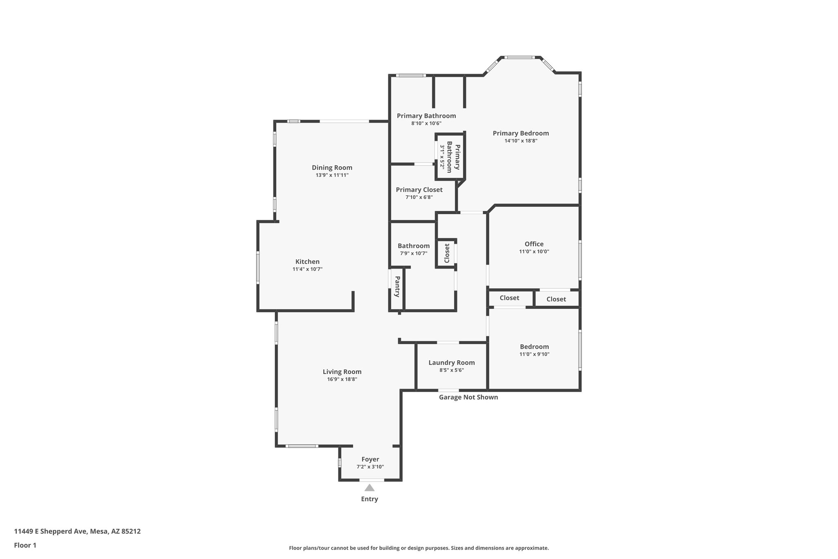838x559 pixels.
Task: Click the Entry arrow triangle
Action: click(x=369, y=488)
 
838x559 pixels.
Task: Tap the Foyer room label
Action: click(x=370, y=459)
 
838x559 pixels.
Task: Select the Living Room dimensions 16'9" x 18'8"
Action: click(x=342, y=379)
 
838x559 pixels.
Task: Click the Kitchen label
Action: click(x=307, y=262)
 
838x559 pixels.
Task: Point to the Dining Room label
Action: click(x=332, y=167)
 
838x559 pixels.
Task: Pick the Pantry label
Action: click(x=397, y=286)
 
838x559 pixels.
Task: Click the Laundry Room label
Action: click(x=451, y=362)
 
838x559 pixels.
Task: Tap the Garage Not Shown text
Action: click(x=468, y=397)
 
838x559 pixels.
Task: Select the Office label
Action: click(x=534, y=244)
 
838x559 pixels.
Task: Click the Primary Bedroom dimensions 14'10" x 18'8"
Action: click(x=520, y=141)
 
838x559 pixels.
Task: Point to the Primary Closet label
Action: click(x=419, y=190)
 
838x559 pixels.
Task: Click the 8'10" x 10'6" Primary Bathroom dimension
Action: click(x=426, y=123)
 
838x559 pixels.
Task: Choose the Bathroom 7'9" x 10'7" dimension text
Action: click(x=413, y=253)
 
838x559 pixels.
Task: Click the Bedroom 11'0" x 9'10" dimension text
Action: click(x=534, y=354)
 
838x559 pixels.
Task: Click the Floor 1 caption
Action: click(x=25, y=545)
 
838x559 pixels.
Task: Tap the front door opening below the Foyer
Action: click(x=372, y=480)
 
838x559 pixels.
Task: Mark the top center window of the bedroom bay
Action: click(x=519, y=57)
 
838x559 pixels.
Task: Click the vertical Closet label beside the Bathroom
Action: click(x=447, y=253)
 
